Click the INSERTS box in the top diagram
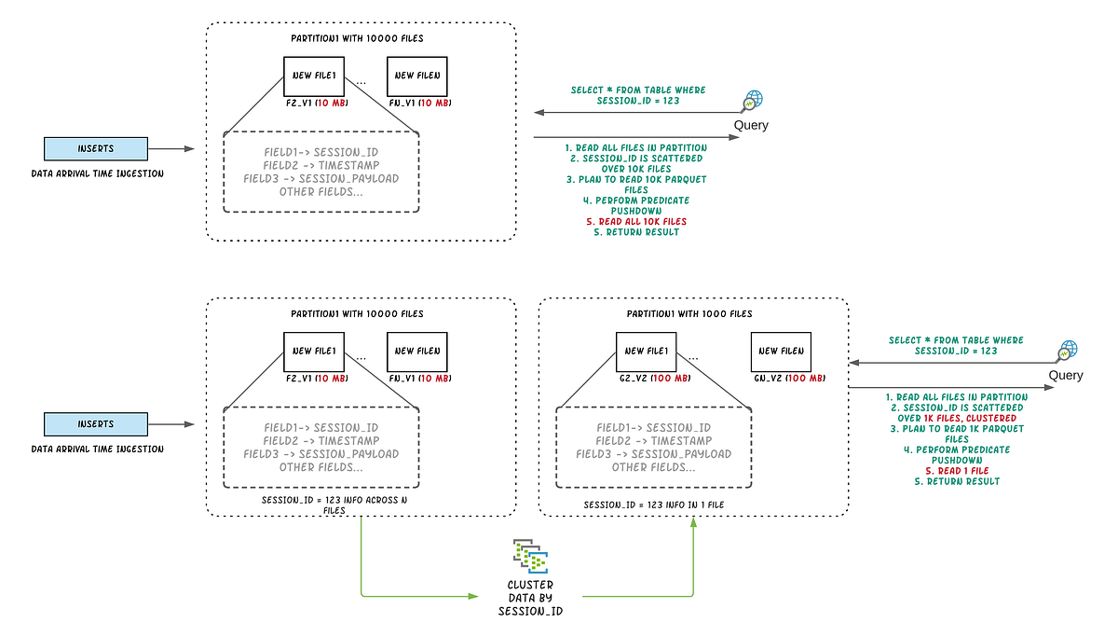point(96,148)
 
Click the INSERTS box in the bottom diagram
point(96,424)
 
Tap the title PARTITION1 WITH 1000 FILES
point(692,314)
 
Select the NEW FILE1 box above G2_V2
point(646,351)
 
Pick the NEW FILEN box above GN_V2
point(781,351)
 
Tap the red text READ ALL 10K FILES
point(636,221)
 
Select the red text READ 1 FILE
point(956,471)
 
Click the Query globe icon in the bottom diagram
point(1067,352)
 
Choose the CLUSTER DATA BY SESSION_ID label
point(530,598)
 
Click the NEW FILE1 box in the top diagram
point(314,75)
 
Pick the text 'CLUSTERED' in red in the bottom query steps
point(990,419)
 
